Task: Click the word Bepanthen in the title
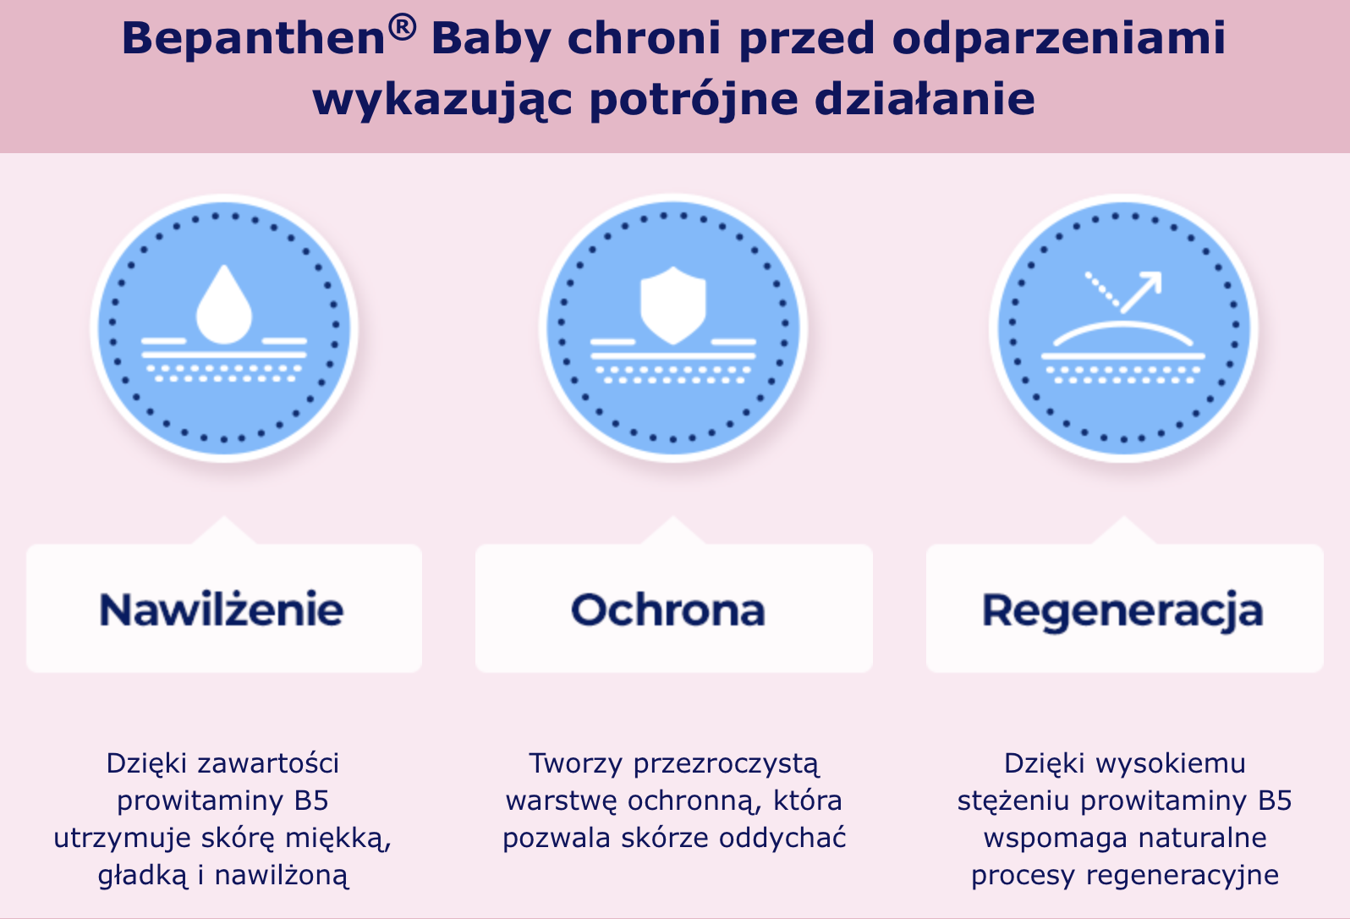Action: (254, 38)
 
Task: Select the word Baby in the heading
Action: (491, 40)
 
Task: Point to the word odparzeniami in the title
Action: (1059, 40)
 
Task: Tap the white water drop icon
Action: (224, 305)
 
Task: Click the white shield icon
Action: (672, 305)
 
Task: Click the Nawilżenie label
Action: (221, 609)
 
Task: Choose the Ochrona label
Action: (667, 609)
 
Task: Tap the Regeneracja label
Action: (1122, 612)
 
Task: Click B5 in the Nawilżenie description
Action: (311, 801)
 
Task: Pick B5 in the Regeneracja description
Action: (1275, 801)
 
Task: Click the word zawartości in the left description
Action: (268, 763)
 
